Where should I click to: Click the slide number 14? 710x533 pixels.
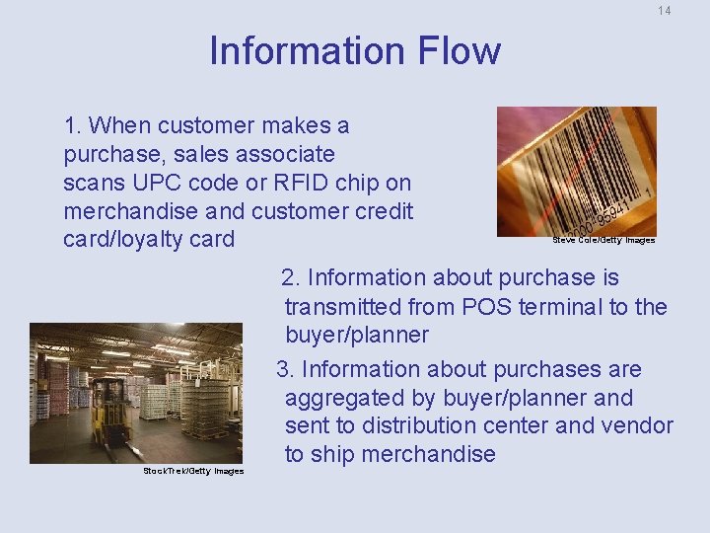point(664,11)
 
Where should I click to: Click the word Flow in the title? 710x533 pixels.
point(459,51)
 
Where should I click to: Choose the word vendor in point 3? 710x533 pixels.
point(636,426)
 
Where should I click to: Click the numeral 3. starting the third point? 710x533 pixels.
point(286,370)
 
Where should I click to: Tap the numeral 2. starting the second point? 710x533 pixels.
point(291,278)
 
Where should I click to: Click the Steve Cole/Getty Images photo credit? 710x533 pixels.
point(603,240)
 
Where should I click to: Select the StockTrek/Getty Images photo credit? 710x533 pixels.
point(193,471)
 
